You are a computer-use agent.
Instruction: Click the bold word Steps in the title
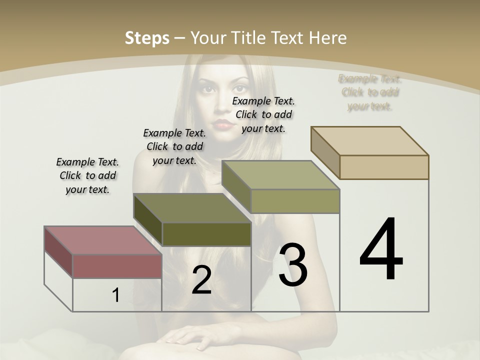coord(147,38)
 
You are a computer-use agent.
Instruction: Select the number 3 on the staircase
coord(293,264)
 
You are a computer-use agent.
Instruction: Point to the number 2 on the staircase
coord(201,280)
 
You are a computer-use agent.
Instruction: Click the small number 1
coord(115,295)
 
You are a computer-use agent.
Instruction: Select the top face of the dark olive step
coord(192,208)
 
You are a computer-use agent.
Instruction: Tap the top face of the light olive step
coord(280,175)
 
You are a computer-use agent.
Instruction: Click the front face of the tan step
coord(384,167)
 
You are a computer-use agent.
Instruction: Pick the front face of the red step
coord(117,266)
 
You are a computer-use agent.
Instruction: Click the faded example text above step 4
coord(370,92)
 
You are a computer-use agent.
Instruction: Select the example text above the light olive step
coord(263,114)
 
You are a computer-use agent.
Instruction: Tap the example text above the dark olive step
coord(174,146)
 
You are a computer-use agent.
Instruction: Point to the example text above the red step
coord(87,175)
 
